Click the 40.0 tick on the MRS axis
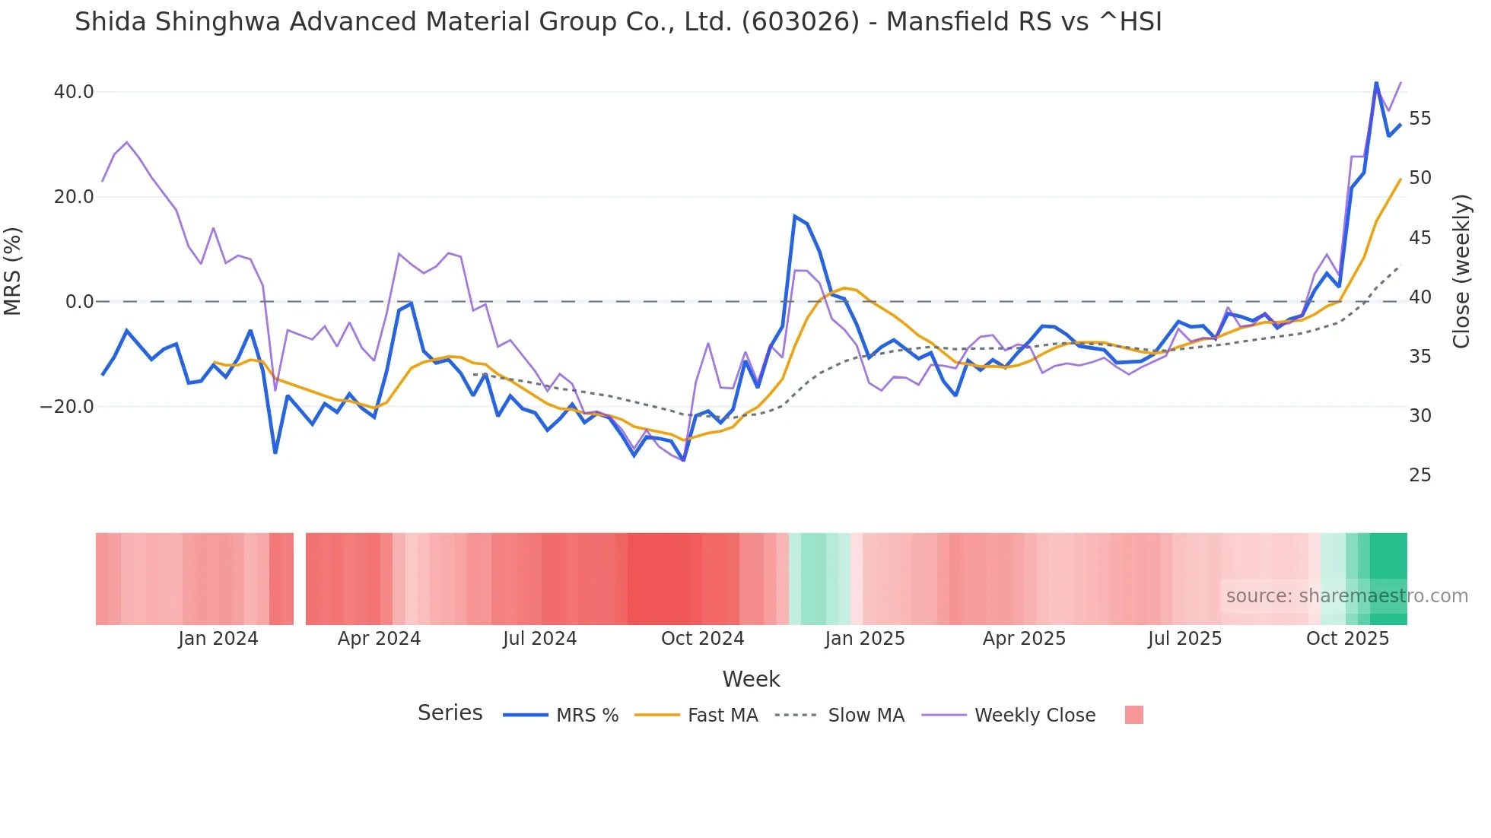(x=73, y=92)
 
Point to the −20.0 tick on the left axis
(x=67, y=407)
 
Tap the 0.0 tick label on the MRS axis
(x=79, y=302)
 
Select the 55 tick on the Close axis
(x=1419, y=119)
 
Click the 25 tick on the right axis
(x=1419, y=475)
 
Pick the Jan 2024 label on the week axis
(x=218, y=639)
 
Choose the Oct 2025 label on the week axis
(x=1347, y=639)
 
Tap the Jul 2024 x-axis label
(x=539, y=639)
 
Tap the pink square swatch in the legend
(x=1133, y=715)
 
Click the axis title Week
(x=751, y=679)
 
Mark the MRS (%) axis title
(x=13, y=271)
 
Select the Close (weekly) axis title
(x=1461, y=271)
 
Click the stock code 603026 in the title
(x=800, y=22)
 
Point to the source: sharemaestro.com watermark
(x=1346, y=595)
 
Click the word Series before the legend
(x=450, y=713)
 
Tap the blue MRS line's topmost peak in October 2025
(x=1376, y=82)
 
